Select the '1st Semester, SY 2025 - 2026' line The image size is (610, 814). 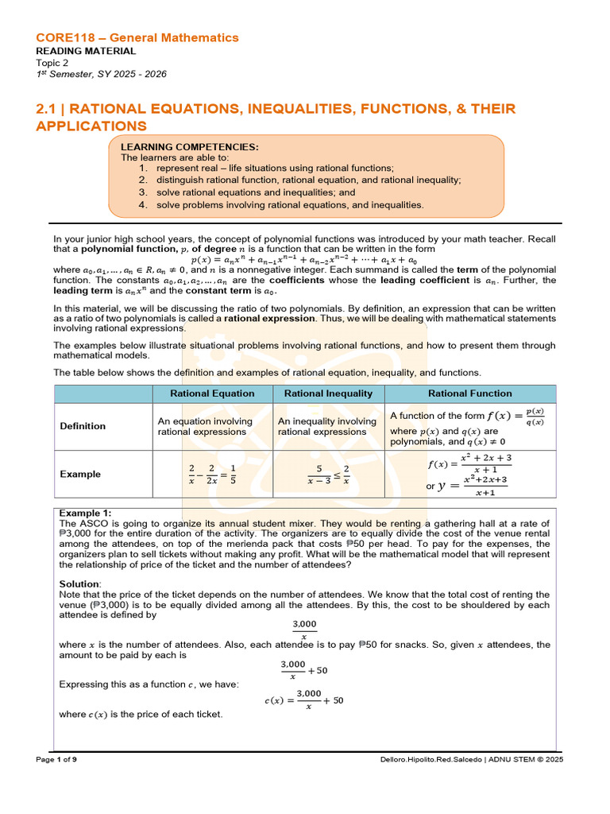(x=102, y=74)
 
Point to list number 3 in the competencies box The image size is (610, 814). (x=143, y=192)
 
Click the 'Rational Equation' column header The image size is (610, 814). (x=212, y=393)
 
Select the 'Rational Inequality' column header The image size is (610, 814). (x=328, y=393)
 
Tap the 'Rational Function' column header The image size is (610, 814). (x=470, y=393)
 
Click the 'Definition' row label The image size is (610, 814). (x=83, y=426)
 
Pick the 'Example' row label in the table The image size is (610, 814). (x=80, y=474)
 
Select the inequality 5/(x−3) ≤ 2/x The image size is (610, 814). (x=328, y=474)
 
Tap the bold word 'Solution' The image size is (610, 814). (x=79, y=584)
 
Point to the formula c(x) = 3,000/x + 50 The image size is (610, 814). (x=304, y=700)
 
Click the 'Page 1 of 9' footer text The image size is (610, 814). (x=56, y=760)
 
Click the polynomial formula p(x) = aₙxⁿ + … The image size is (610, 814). (x=303, y=259)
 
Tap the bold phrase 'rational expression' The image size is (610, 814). (x=269, y=318)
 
